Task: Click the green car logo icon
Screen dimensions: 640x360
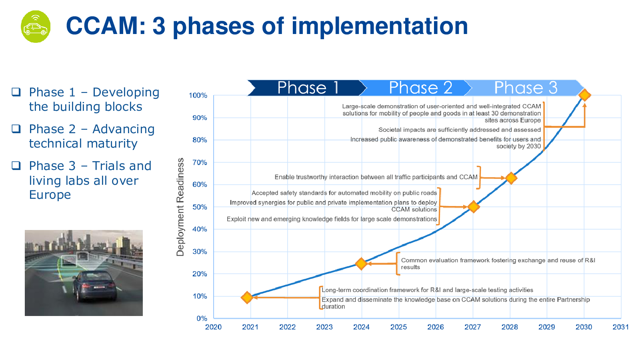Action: (x=36, y=26)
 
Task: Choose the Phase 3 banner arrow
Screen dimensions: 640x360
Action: (x=524, y=88)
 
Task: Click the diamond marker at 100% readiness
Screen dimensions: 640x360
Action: (x=584, y=95)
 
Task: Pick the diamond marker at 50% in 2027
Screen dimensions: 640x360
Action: (x=474, y=206)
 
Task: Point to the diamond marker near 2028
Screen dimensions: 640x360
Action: (x=511, y=178)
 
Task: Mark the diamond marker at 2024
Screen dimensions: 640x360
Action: (x=361, y=264)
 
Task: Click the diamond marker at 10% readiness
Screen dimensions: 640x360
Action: (x=247, y=298)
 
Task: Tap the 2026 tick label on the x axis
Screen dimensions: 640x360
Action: (x=436, y=327)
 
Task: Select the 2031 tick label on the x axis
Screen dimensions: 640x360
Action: (x=620, y=327)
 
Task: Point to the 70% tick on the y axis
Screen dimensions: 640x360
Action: (x=200, y=162)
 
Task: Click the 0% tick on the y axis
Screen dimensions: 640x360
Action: (x=202, y=318)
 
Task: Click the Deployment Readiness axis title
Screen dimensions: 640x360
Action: (x=180, y=207)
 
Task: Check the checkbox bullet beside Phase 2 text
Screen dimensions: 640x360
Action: (x=16, y=129)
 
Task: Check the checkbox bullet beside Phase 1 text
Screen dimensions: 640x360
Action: (x=16, y=92)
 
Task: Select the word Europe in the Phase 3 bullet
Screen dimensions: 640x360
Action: (x=50, y=194)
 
